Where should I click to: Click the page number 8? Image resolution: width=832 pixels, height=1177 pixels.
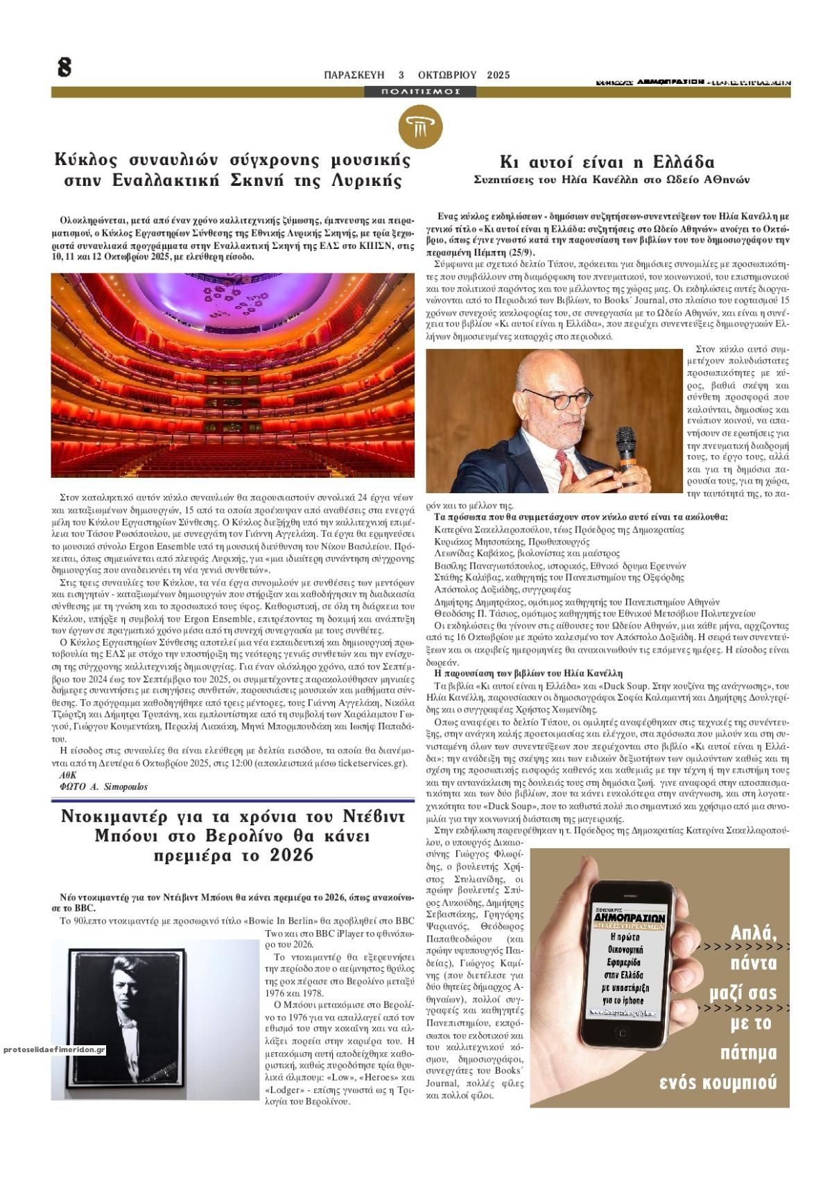coord(64,68)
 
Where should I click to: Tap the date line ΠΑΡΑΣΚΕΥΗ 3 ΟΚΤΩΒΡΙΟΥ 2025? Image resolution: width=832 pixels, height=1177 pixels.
coord(417,75)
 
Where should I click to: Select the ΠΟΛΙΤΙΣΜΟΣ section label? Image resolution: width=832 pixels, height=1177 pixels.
coord(421,92)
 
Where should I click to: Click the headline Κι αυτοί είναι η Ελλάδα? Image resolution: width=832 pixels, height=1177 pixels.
coord(607,162)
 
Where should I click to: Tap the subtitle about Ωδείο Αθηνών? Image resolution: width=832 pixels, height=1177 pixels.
coord(612,180)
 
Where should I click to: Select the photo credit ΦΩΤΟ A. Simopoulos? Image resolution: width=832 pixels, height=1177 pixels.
coord(104,787)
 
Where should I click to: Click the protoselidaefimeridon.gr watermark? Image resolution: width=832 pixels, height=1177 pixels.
coord(53,1050)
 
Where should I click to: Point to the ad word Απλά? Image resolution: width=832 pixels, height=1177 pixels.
coord(754,934)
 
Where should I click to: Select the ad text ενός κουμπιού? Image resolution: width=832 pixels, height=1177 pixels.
coord(718,1083)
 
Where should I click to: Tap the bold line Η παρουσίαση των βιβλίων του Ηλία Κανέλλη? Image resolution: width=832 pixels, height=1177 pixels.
coord(528,673)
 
